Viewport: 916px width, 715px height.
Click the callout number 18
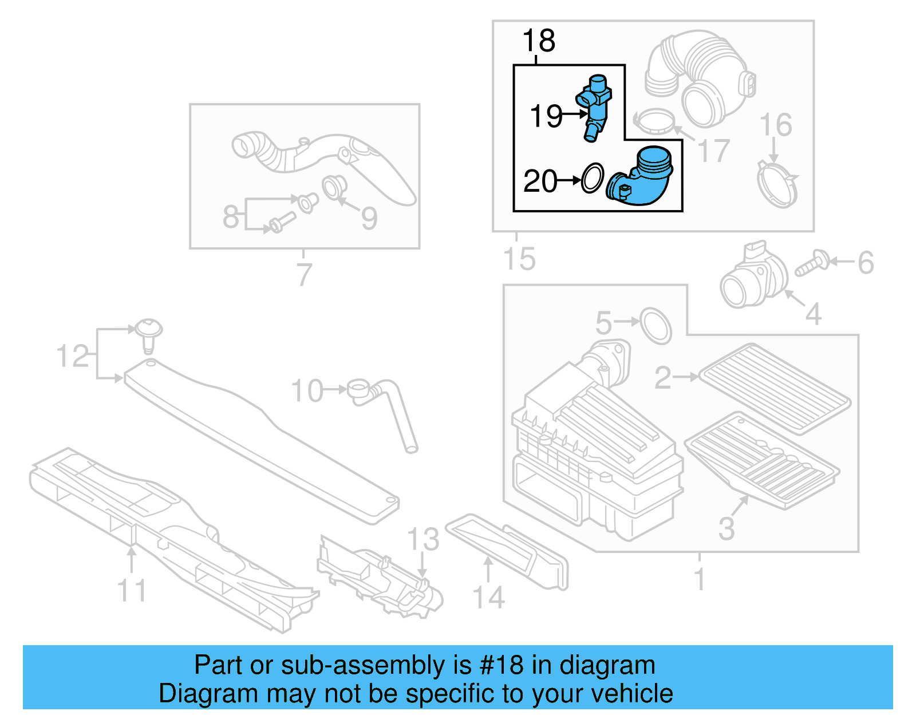coord(539,41)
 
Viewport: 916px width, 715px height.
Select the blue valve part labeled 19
coord(595,106)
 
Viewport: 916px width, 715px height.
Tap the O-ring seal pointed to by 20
coord(592,178)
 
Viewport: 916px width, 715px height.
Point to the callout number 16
coord(775,125)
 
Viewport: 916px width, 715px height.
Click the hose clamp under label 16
coord(777,185)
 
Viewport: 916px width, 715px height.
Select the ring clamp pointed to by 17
coord(654,121)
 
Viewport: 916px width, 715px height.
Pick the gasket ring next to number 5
coord(656,326)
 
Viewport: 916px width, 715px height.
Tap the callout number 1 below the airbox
coord(699,579)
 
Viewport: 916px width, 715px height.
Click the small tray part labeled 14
coord(507,550)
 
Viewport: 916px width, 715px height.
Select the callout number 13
coord(423,539)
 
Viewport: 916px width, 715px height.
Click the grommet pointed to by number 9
coord(333,187)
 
